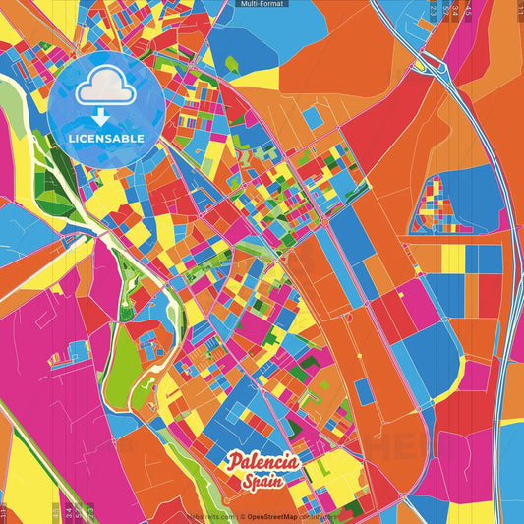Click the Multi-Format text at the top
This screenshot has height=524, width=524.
pyautogui.click(x=262, y=4)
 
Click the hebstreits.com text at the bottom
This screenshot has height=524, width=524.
pyautogui.click(x=209, y=515)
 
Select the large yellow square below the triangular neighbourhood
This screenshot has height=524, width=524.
pyautogui.click(x=452, y=258)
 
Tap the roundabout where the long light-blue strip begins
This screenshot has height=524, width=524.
pyautogui.click(x=324, y=224)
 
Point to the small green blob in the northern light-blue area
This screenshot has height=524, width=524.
pyautogui.click(x=232, y=65)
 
